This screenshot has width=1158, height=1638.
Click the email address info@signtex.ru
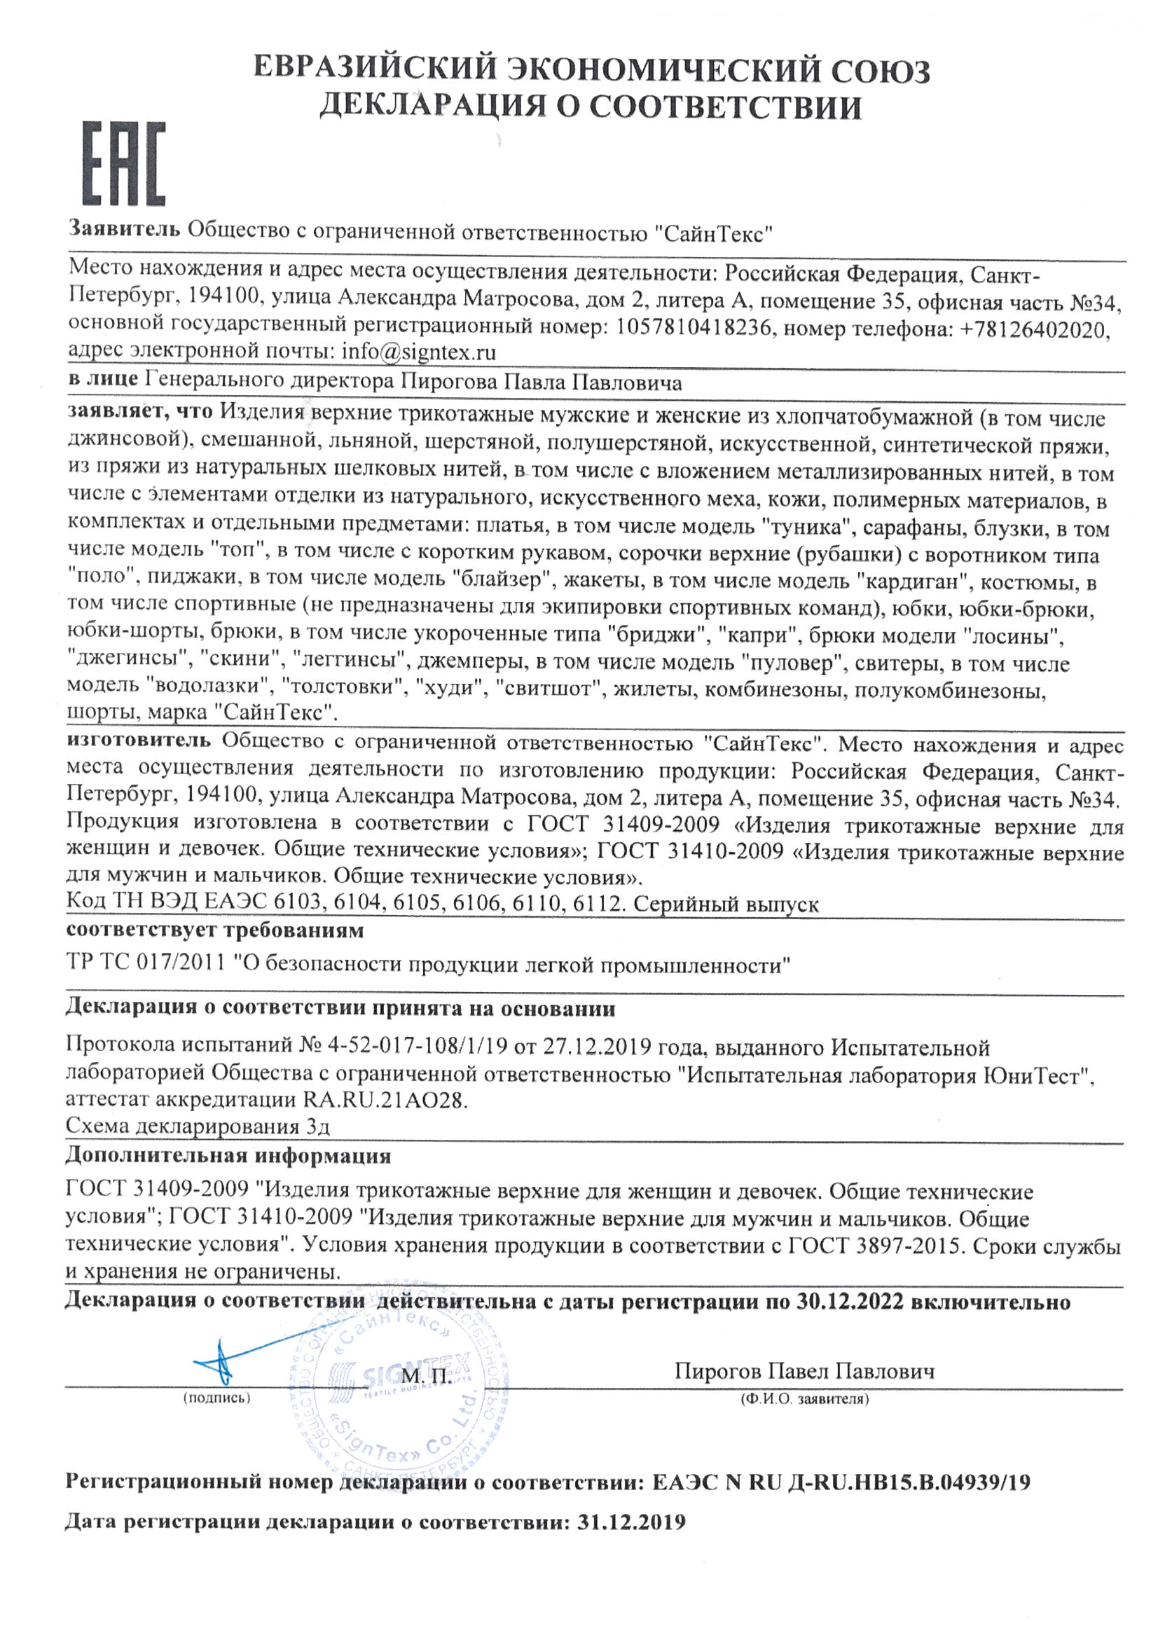point(418,352)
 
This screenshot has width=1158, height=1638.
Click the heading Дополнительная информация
point(228,1155)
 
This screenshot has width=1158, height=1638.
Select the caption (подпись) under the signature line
point(217,1398)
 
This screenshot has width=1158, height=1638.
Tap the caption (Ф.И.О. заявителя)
point(804,1400)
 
